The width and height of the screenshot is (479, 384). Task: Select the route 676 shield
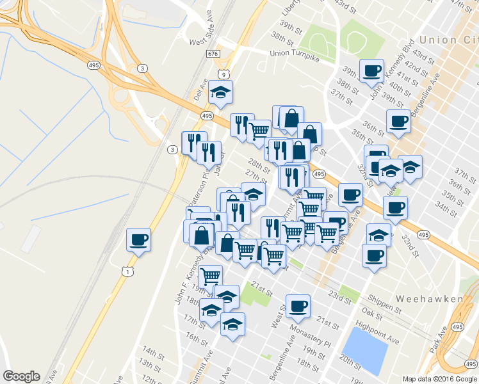tap(213, 54)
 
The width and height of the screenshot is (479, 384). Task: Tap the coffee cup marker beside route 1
tap(138, 240)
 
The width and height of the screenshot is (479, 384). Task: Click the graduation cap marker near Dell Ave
tap(220, 92)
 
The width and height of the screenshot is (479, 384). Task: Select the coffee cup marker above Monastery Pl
tap(297, 306)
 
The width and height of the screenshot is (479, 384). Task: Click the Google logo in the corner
tap(21, 376)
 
